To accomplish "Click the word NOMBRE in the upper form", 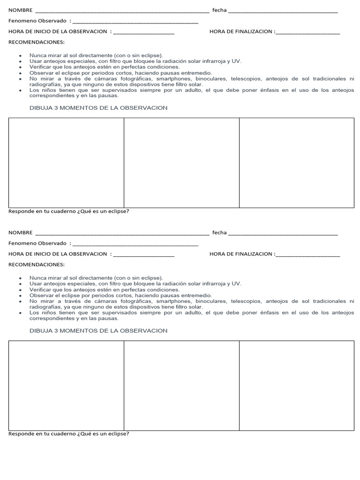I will point(21,10).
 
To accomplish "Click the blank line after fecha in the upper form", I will point(283,11).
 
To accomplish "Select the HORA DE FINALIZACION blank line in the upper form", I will point(307,33).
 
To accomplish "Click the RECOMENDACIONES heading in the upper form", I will point(37,42).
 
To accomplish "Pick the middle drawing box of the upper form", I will point(181,163).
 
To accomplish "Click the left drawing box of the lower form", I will point(66,385).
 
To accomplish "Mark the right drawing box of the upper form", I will point(297,163).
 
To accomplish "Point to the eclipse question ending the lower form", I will point(68,434).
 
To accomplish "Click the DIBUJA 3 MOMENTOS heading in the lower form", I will point(98,330).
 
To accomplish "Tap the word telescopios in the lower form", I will point(245,301).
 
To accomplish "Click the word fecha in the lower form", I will point(219,232).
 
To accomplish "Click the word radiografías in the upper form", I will point(45,84).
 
